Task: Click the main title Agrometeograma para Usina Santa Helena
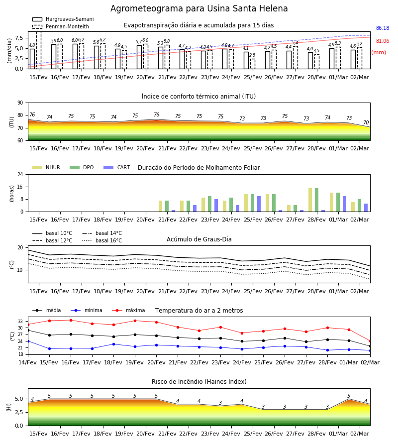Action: pos(199,8)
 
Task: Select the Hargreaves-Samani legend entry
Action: pos(63,19)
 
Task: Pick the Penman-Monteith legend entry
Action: pos(61,26)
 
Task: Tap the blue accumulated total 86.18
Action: pos(383,28)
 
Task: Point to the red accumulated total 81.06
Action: pos(383,41)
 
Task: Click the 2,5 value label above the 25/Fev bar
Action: pos(252,55)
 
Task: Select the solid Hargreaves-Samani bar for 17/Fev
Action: pos(75,56)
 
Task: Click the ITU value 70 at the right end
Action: pos(366,122)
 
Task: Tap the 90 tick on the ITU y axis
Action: pos(20,103)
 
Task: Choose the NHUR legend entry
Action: pos(46,167)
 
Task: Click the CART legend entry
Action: pos(117,167)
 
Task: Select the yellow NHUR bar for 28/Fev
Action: pos(310,200)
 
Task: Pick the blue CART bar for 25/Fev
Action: pos(259,204)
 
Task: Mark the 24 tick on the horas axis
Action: pos(20,174)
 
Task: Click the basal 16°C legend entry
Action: pos(102,240)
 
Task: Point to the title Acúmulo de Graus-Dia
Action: pos(199,239)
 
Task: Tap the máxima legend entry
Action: pos(128,310)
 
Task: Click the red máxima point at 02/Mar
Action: pos(370,341)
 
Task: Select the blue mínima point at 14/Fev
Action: pos(28,341)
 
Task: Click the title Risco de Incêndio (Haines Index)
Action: pos(199,381)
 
